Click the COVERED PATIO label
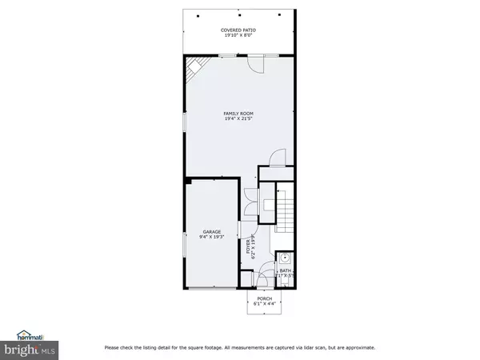pos(239,30)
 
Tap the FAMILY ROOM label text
pos(239,114)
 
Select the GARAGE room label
pos(211,232)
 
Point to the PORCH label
pos(264,298)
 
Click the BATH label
pos(285,270)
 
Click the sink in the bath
pos(286,258)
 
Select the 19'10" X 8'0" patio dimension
pos(239,36)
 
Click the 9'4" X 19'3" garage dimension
pos(211,238)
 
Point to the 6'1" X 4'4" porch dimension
pos(264,304)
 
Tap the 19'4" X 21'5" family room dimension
pos(239,119)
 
